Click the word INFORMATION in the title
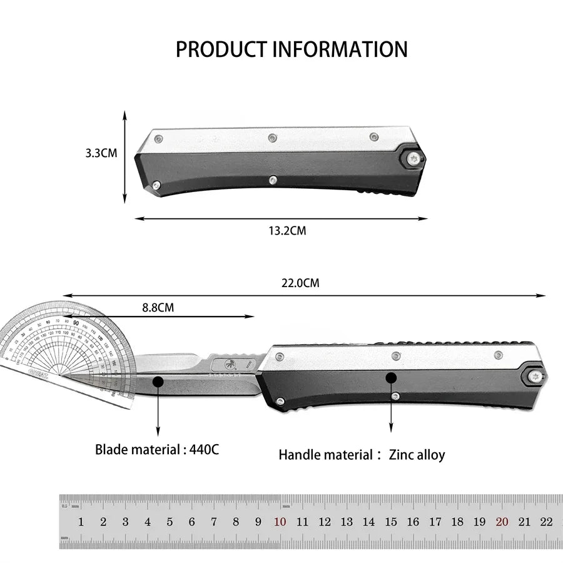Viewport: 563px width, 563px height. [x=341, y=49]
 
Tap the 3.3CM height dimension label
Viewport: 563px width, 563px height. [x=101, y=153]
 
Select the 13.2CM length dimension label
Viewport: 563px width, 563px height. [x=287, y=230]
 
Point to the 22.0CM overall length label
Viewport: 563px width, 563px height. [x=300, y=283]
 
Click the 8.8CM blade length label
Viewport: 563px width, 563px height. [x=158, y=307]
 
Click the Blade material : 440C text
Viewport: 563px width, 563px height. [x=157, y=449]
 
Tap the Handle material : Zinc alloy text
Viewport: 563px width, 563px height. [x=362, y=455]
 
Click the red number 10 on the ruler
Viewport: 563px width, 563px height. [x=280, y=522]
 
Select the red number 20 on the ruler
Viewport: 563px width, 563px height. [x=502, y=522]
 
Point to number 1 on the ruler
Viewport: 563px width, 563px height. [x=81, y=522]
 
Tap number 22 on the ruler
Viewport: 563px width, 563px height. [x=546, y=522]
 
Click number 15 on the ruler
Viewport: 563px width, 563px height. [x=391, y=522]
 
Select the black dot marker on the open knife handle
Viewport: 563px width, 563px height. [x=392, y=377]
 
